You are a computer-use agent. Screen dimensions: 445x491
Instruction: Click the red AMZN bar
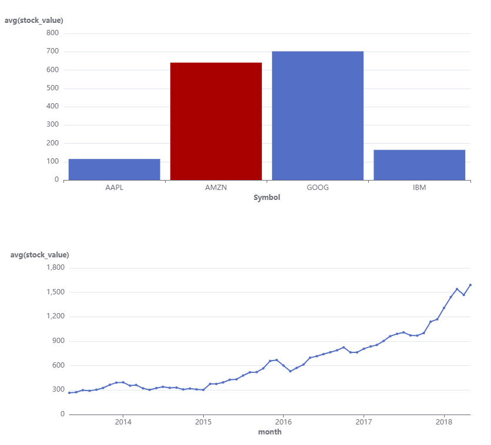pos(216,121)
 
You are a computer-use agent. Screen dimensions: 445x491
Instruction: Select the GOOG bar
pos(318,116)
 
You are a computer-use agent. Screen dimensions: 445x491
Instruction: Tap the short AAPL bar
pos(114,169)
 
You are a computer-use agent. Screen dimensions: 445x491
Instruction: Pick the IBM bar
pos(419,165)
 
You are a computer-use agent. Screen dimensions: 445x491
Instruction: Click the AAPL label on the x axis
pos(114,188)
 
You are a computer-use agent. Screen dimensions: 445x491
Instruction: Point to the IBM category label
pos(419,188)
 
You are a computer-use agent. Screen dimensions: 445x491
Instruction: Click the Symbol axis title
pos(267,198)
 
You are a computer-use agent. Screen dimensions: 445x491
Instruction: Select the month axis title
pos(270,432)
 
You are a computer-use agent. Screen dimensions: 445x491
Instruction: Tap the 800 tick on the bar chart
pos(52,33)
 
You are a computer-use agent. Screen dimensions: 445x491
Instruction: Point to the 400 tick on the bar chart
pos(52,107)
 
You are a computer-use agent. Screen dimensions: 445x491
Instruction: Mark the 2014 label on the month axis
pos(123,422)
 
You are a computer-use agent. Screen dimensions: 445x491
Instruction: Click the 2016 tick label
pos(283,422)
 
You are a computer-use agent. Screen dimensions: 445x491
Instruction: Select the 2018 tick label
pos(444,422)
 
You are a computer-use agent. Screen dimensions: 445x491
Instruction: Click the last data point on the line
pos(470,285)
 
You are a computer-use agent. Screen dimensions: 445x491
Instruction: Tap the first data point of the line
pos(69,393)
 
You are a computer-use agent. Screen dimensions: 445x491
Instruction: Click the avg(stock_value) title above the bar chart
pos(34,21)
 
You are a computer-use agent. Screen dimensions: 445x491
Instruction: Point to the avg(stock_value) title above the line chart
pos(40,255)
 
